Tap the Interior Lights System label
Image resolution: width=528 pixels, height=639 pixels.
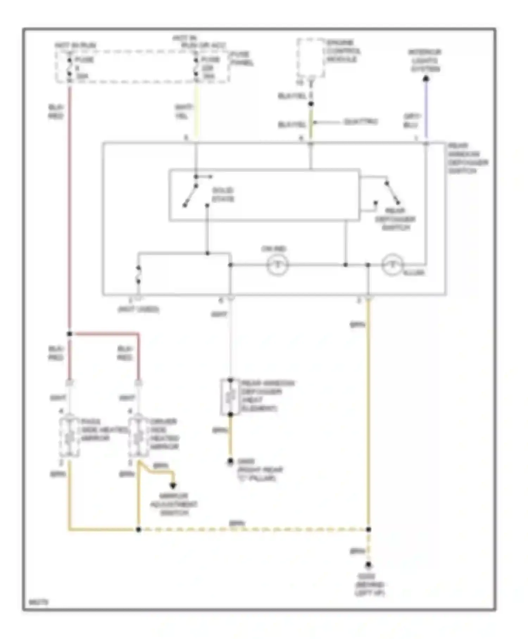click(x=425, y=60)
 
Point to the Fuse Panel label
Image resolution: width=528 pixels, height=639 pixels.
click(x=242, y=58)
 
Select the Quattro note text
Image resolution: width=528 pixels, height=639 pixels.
click(x=360, y=122)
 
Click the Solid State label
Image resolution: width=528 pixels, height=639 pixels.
click(x=223, y=194)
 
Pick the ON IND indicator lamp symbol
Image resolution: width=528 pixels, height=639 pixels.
click(x=277, y=265)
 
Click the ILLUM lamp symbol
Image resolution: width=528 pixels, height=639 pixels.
click(x=392, y=265)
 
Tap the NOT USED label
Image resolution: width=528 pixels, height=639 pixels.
click(x=139, y=309)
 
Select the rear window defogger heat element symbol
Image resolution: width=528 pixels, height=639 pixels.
click(x=230, y=397)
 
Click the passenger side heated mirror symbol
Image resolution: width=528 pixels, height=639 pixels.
click(x=69, y=438)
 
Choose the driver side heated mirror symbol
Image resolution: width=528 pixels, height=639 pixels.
click(x=138, y=438)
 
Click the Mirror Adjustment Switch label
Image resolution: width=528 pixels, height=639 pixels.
click(x=174, y=504)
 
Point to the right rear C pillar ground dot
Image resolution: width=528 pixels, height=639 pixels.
click(x=230, y=461)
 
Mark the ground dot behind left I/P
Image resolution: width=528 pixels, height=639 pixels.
click(x=368, y=565)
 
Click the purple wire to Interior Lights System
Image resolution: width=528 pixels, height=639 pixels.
click(x=426, y=109)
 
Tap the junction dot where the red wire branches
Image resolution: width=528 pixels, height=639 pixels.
click(x=69, y=334)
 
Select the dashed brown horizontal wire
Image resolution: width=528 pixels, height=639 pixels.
click(x=253, y=529)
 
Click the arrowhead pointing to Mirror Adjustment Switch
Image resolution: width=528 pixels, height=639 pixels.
click(x=173, y=486)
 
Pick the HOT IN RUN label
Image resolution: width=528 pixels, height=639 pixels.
click(x=75, y=45)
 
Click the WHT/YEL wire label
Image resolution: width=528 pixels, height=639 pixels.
click(x=183, y=111)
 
